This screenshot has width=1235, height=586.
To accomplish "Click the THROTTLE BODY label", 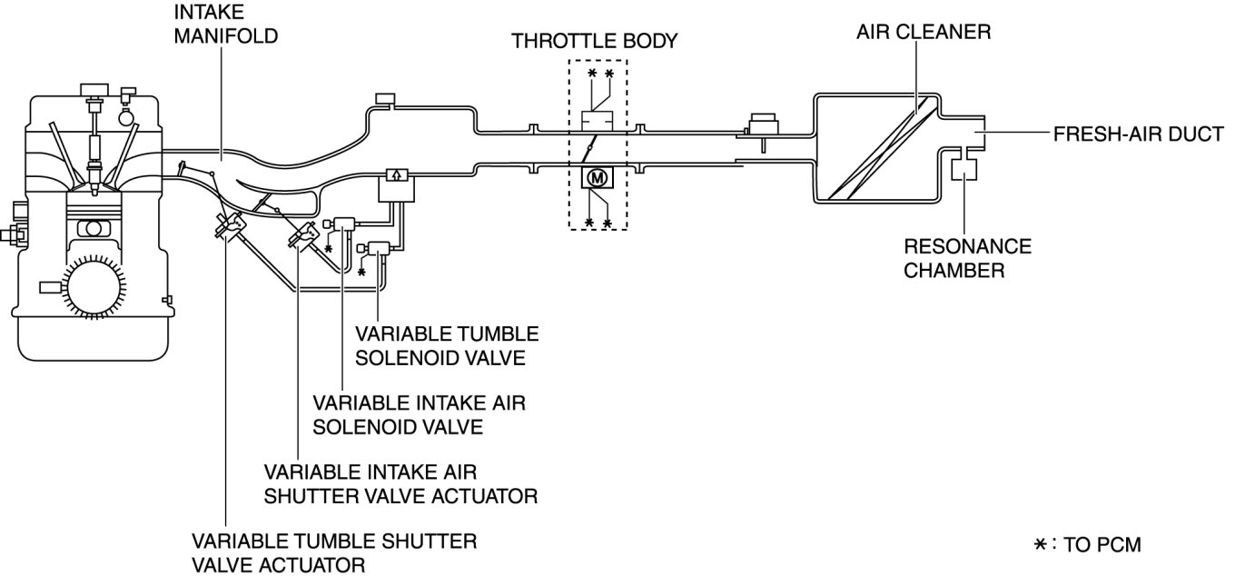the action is click(x=594, y=42).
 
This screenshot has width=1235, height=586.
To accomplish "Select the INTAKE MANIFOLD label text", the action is click(x=226, y=25).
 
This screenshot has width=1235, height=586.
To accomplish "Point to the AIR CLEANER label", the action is click(x=924, y=32).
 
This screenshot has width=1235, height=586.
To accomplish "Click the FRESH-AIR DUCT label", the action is click(x=1138, y=134).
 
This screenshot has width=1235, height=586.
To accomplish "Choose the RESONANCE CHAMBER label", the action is click(x=968, y=258).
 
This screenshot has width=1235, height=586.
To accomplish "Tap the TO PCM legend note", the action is click(x=1088, y=544).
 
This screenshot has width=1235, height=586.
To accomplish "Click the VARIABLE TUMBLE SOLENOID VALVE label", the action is click(x=447, y=346).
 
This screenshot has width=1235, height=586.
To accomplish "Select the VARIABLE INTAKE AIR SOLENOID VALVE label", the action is click(x=419, y=415).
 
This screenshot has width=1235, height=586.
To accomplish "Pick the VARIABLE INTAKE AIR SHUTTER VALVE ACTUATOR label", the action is click(x=400, y=484).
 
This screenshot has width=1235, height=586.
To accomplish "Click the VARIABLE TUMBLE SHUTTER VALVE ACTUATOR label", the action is click(x=334, y=553).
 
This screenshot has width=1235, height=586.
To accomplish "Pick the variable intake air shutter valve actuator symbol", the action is click(x=303, y=235).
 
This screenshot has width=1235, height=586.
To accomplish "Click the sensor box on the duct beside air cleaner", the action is click(x=763, y=124).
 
